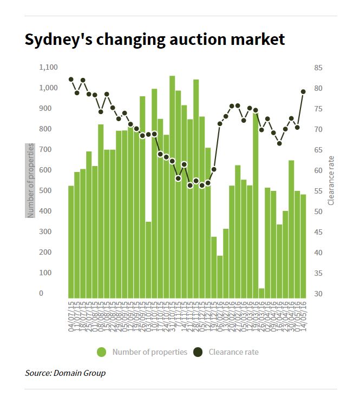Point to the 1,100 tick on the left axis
[48, 68]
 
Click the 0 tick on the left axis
[56, 294]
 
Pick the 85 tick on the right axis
[318, 68]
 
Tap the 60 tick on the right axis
[318, 170]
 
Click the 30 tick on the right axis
[318, 294]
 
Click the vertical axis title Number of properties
[30, 181]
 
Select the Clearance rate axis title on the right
[331, 181]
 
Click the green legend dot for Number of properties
[102, 352]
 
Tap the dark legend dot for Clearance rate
[199, 352]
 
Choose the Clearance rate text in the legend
[234, 352]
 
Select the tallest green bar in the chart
[172, 184]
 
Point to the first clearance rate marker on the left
[71, 80]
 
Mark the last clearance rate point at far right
[303, 91]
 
